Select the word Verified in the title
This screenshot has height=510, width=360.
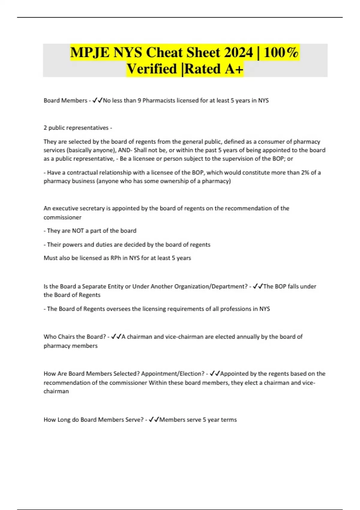(151, 69)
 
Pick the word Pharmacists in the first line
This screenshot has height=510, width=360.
(158, 100)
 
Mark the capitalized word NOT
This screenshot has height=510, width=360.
(78, 231)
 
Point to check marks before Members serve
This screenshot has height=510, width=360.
(154, 420)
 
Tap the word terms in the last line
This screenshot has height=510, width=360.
(230, 420)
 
